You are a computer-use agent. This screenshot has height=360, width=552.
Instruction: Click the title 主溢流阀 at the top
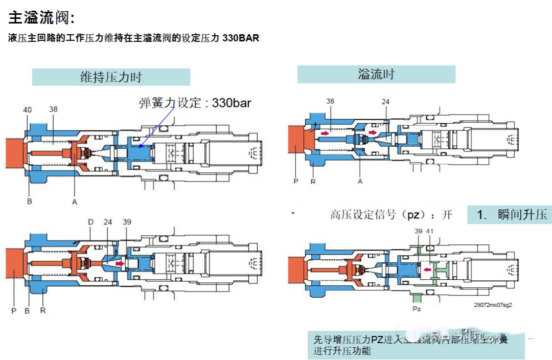[41, 18]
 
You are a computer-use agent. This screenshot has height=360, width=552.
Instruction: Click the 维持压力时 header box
[111, 77]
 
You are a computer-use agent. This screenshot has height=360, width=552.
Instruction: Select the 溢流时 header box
[376, 75]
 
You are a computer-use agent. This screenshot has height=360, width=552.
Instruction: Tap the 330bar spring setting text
[232, 102]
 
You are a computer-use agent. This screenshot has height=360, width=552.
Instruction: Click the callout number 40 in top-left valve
[28, 109]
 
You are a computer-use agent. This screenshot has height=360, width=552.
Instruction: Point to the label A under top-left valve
[75, 202]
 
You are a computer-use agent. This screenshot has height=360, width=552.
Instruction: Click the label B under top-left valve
[30, 202]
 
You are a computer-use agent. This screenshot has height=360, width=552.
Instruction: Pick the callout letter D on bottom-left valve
[90, 222]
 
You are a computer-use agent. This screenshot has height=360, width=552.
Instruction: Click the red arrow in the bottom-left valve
[120, 264]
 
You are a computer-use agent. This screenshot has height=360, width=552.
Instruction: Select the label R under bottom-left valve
[43, 310]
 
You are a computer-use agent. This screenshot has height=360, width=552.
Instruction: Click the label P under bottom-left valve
[14, 310]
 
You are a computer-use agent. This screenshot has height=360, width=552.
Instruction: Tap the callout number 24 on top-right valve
[385, 102]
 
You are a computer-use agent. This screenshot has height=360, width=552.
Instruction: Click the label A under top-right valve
[360, 182]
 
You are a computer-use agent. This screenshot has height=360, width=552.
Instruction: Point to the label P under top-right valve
[295, 182]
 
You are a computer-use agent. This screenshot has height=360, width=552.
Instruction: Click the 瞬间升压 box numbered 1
[509, 215]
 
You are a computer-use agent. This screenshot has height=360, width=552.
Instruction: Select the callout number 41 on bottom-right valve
[430, 232]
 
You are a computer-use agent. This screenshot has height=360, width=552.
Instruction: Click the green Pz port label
[417, 309]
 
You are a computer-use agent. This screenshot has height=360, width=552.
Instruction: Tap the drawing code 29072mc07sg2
[492, 304]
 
